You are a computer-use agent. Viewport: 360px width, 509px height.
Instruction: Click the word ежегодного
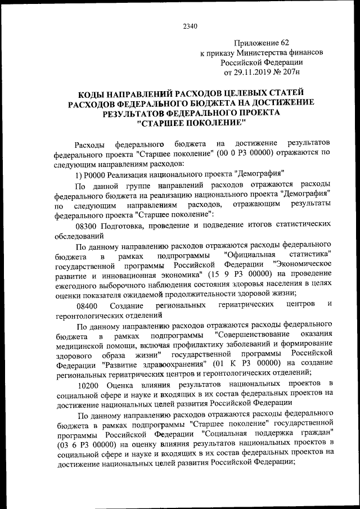[82, 285]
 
